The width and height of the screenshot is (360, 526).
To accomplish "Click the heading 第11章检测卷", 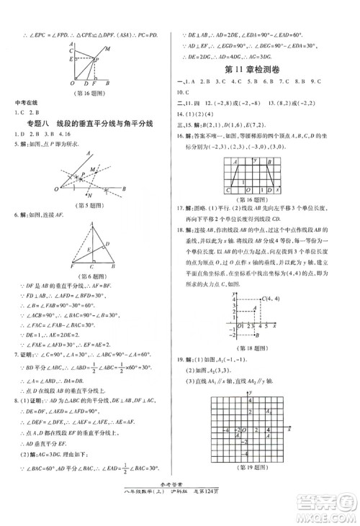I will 263,69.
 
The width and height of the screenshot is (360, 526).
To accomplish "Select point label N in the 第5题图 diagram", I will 89,195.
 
